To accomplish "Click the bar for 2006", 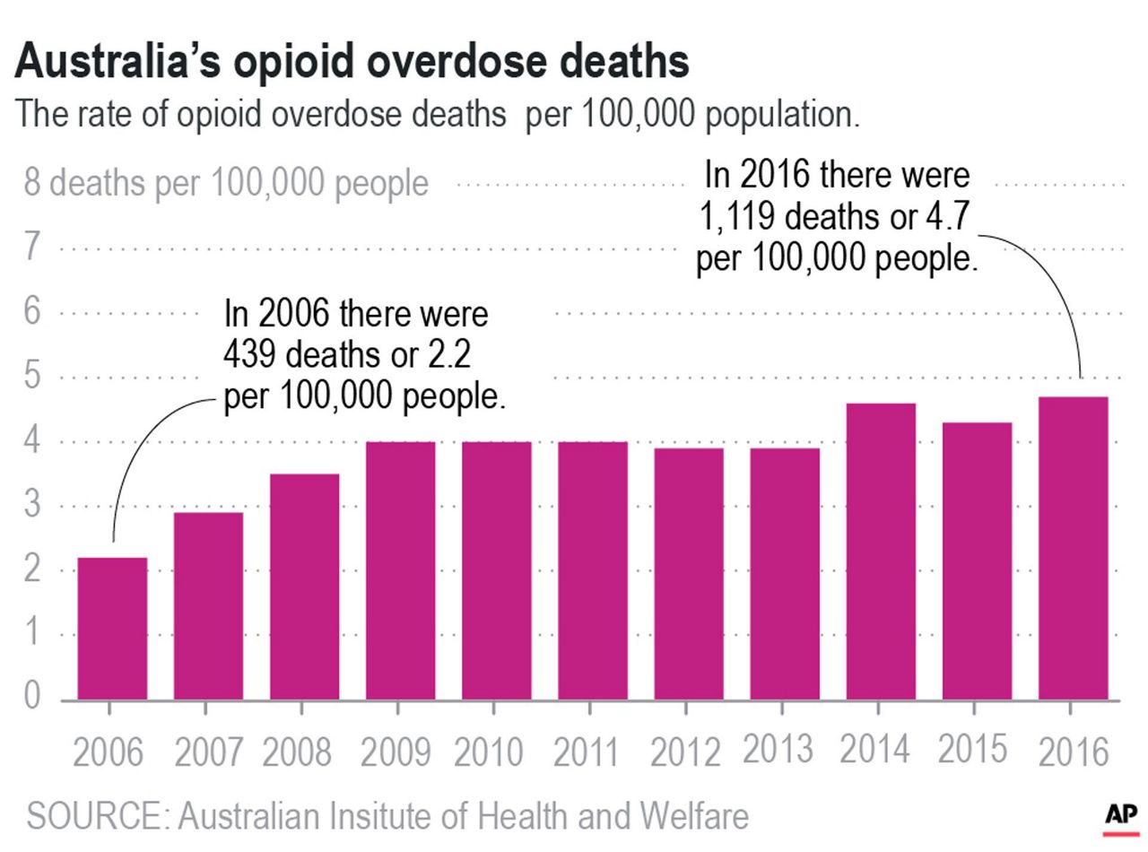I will tap(112, 628).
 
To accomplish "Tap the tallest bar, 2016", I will tap(1073, 547).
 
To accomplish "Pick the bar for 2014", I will tap(881, 551).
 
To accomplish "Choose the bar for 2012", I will tap(689, 573).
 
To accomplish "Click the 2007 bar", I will tap(208, 605).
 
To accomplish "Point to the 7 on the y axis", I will tap(31, 247).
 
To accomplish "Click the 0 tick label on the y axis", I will tap(31, 697).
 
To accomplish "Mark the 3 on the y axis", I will tap(31, 505).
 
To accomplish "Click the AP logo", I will tap(1119, 816).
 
